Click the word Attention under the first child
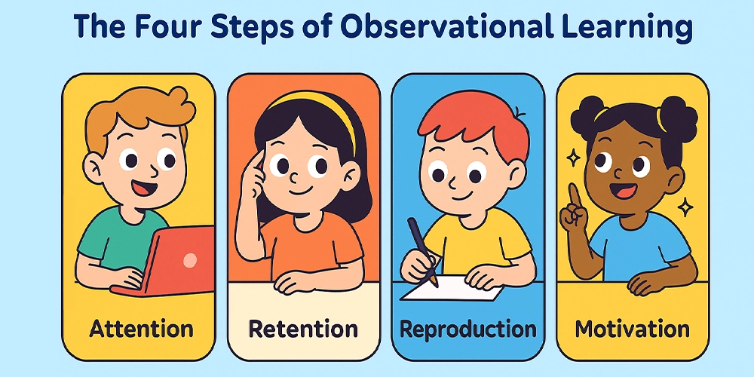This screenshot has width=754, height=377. [x=142, y=329]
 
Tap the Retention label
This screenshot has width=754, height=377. [x=303, y=329]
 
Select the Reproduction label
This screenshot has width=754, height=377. [x=468, y=330]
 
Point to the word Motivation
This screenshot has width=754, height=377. [x=633, y=329]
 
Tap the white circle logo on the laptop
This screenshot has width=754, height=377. [x=190, y=260]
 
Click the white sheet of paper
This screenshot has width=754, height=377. [x=452, y=289]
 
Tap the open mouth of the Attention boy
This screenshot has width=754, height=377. [x=143, y=187]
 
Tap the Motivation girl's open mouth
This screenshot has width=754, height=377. [x=624, y=191]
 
